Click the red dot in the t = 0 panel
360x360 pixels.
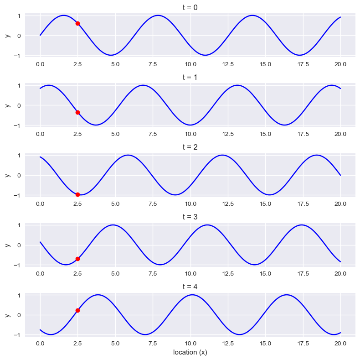(77, 23)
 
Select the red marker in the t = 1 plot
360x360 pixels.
(77, 112)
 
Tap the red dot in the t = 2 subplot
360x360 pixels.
(77, 194)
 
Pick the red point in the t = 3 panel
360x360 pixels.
(77, 259)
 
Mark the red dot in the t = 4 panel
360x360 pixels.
(77, 310)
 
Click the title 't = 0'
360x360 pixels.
(190, 7)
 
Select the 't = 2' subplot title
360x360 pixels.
(190, 147)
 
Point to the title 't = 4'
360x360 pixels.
(190, 287)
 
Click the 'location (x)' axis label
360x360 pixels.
(190, 352)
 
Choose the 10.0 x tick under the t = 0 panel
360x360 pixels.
(190, 64)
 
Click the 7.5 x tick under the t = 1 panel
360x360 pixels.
(153, 134)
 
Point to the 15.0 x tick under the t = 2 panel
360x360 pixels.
(265, 204)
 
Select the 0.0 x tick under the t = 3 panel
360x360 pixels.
(40, 274)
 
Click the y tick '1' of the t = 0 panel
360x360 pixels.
(19, 16)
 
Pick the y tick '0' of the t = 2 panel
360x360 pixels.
(19, 175)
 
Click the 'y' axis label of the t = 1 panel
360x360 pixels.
(7, 105)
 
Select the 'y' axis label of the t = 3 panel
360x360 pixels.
(7, 245)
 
